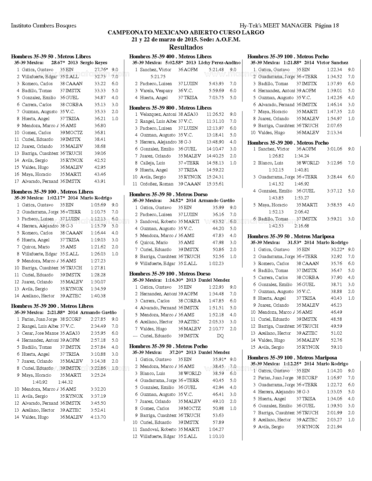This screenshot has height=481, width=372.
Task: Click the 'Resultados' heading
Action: (x=186, y=47)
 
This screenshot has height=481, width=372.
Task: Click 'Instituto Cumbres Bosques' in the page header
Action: (x=43, y=26)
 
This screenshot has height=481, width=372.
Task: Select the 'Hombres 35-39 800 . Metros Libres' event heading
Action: (x=170, y=108)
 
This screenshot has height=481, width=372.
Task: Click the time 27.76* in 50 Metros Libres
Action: (x=101, y=70)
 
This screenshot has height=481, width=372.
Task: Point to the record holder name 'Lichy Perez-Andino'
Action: (x=219, y=63)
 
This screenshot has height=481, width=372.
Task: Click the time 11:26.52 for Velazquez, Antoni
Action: (x=215, y=114)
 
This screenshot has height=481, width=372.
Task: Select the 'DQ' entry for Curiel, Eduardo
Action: (x=220, y=336)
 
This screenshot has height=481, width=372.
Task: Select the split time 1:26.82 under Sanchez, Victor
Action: (x=276, y=156)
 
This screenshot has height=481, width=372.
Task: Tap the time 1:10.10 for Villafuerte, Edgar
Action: (x=216, y=436)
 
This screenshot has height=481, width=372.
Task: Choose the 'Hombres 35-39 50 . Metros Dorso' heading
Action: (x=168, y=194)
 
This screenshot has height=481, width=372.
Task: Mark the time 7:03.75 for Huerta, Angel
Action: (x=216, y=98)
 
